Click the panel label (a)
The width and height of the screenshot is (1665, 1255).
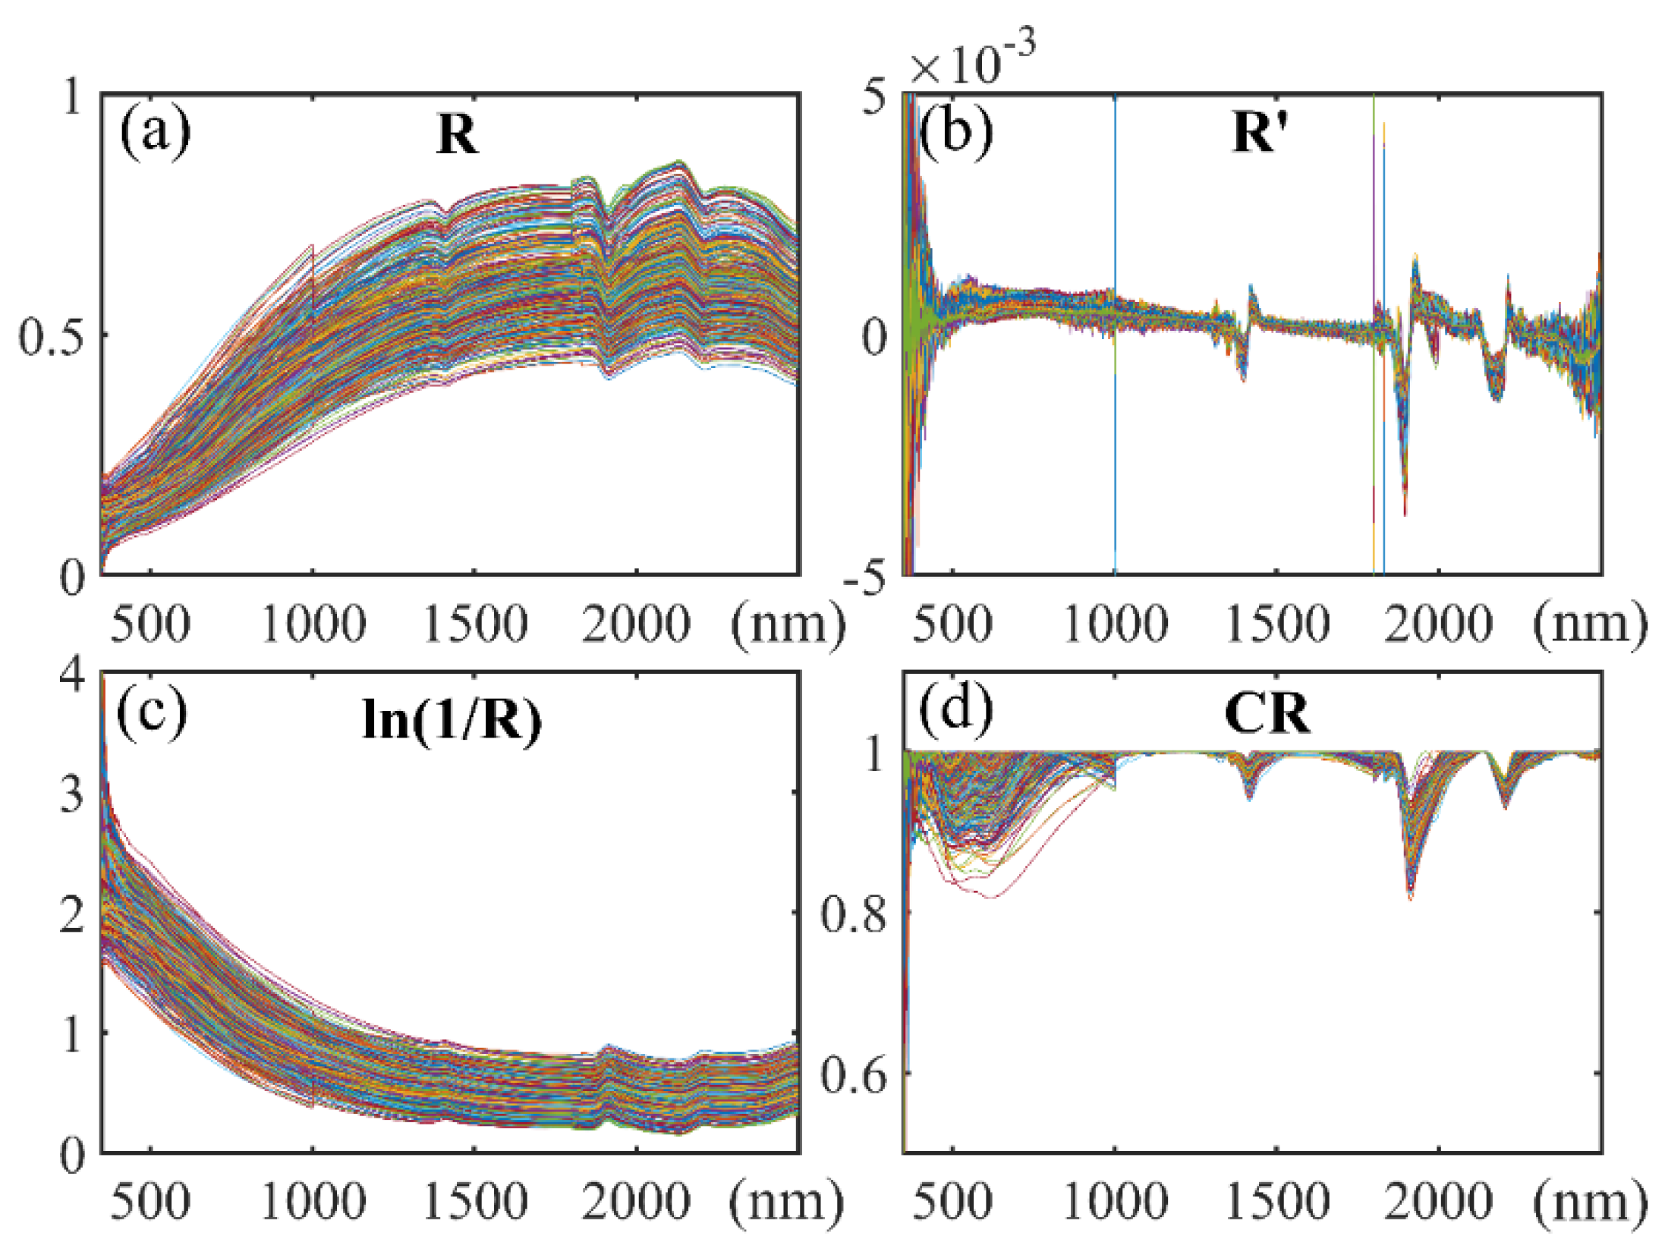point(155,134)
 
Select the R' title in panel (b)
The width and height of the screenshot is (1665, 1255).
point(1258,134)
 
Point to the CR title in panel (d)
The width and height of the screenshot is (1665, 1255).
point(1267,714)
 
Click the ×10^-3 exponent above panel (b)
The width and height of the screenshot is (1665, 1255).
point(973,61)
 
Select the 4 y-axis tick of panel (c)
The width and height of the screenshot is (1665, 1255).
point(73,674)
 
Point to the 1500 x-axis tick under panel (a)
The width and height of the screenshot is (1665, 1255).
point(474,624)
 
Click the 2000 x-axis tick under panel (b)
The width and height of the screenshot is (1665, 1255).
point(1438,624)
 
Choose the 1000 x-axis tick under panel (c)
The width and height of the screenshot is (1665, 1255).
point(313,1203)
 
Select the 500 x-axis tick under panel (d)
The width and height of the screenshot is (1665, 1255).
point(952,1203)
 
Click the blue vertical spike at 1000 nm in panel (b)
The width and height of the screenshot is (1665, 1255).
point(1115,455)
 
